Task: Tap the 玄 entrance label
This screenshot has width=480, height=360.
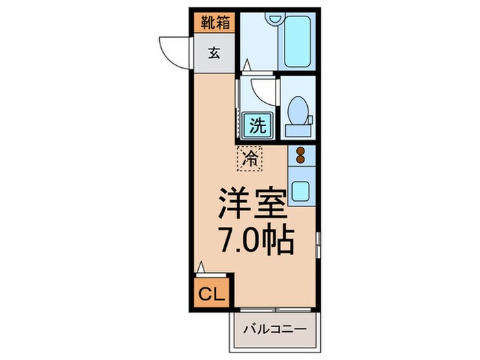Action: coord(214,53)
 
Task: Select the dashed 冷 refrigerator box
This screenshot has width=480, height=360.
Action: coord(250,159)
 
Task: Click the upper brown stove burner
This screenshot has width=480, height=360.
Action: coord(300,152)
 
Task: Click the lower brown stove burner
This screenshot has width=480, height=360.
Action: coord(300,163)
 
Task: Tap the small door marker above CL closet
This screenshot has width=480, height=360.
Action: coord(201,267)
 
